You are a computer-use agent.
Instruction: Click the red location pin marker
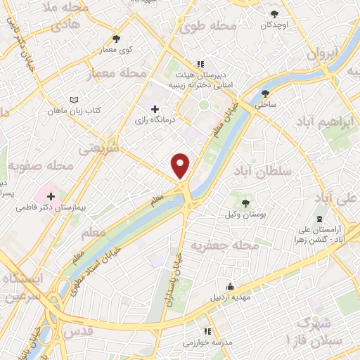pyautogui.click(x=181, y=165)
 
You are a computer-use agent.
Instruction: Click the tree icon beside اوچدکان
pyautogui.click(x=275, y=13)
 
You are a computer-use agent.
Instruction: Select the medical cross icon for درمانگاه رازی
pyautogui.click(x=155, y=109)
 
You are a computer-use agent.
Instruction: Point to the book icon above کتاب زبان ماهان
pyautogui.click(x=74, y=100)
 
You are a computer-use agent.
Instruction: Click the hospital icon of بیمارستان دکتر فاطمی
pyautogui.click(x=51, y=195)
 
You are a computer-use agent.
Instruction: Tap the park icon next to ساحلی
pyautogui.click(x=265, y=93)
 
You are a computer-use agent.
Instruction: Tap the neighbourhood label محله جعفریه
pyautogui.click(x=224, y=245)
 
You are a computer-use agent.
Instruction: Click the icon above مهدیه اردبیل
pyautogui.click(x=230, y=285)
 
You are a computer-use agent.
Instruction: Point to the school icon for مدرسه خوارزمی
pyautogui.click(x=207, y=331)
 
